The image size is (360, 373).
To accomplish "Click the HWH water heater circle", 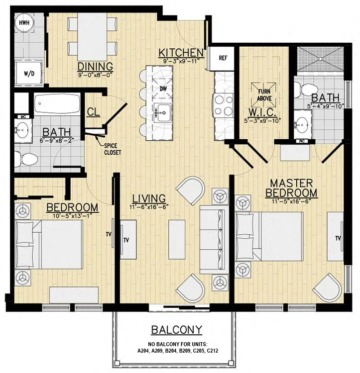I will click(x=23, y=23).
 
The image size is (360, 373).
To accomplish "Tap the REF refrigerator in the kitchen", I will click(x=223, y=58).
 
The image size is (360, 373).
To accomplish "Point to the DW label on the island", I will click(x=163, y=89).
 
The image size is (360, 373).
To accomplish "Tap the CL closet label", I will click(x=93, y=112).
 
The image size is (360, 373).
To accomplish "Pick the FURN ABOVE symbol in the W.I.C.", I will click(x=264, y=94).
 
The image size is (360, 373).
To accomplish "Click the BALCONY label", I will click(x=177, y=329).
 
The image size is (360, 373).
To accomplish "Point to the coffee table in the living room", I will click(x=178, y=239).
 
